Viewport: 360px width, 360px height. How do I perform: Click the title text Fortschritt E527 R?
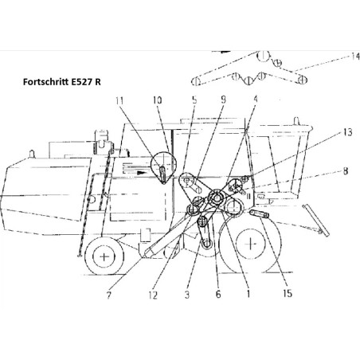coord(62,82)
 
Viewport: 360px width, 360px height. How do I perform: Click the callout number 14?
coord(355,57)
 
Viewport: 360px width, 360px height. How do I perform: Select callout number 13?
coord(347,132)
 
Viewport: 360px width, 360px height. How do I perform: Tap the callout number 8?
coord(346,171)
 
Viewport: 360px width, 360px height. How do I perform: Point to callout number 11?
coord(119,100)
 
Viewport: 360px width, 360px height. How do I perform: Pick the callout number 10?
coord(157,100)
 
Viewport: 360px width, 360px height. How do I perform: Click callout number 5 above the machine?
coord(194,100)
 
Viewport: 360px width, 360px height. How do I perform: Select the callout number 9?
coord(223,100)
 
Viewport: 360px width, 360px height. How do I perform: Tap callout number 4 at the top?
coord(255,99)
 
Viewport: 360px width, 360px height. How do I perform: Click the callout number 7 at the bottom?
coord(108,295)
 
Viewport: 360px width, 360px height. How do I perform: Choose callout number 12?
coord(153,295)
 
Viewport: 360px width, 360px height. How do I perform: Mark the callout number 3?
coord(187,295)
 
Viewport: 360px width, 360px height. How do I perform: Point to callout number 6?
coord(218,294)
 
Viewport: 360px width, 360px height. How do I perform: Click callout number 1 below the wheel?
coord(248,294)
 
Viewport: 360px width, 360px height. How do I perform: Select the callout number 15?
coord(288,293)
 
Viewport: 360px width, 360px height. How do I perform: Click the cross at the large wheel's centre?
coord(251,244)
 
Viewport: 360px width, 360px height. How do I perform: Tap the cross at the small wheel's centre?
coord(104,256)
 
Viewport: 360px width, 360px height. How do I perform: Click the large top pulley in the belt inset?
coord(263,56)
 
